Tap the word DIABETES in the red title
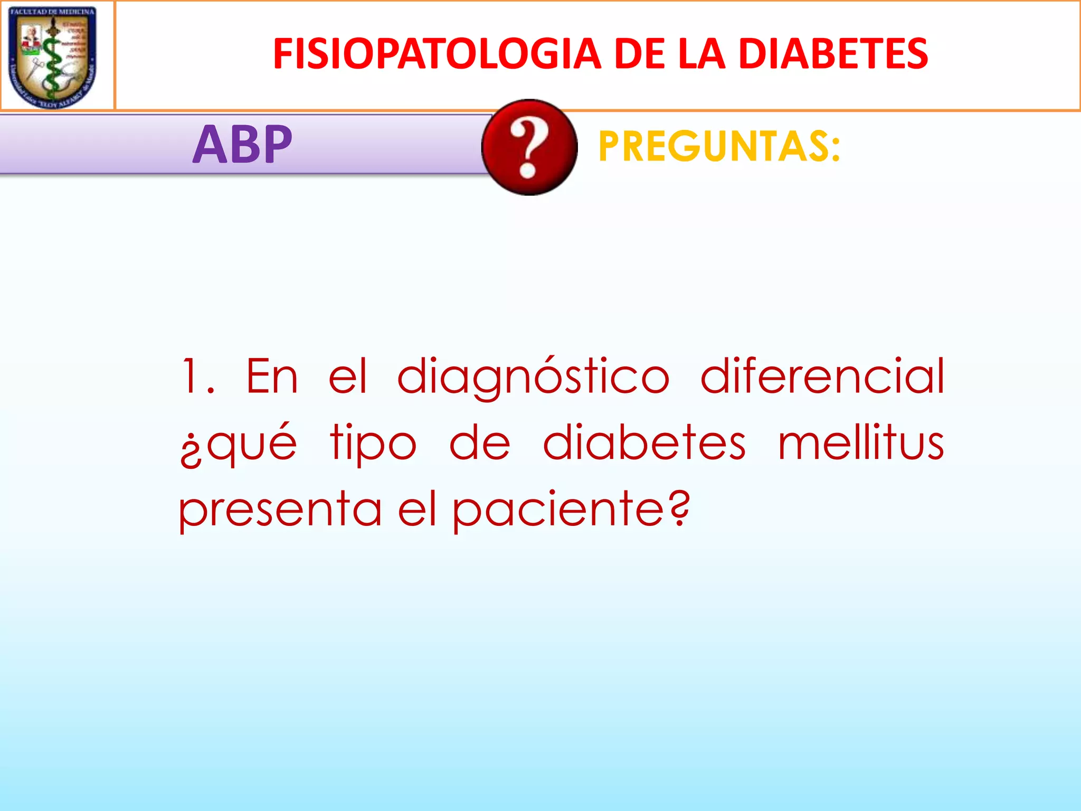coord(833,54)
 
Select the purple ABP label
coord(242,144)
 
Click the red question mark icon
coord(529,147)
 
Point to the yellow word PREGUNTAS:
coord(719,146)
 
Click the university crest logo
coord(53,56)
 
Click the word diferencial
coord(822,376)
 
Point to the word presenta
coord(280,510)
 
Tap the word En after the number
coord(272,376)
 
